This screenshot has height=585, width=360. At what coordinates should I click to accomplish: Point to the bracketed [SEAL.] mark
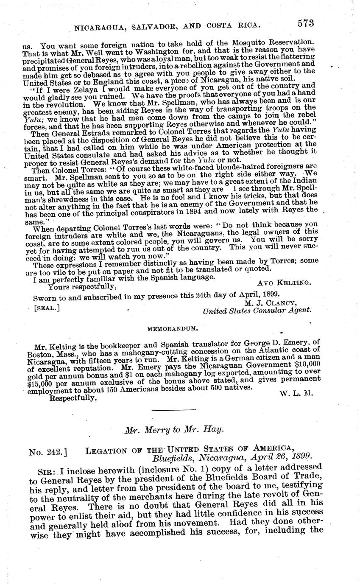coord(46,308)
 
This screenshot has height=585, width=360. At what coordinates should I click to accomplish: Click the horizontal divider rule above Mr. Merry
coord(180,410)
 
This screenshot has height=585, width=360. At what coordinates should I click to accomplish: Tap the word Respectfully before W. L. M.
coord(73,397)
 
